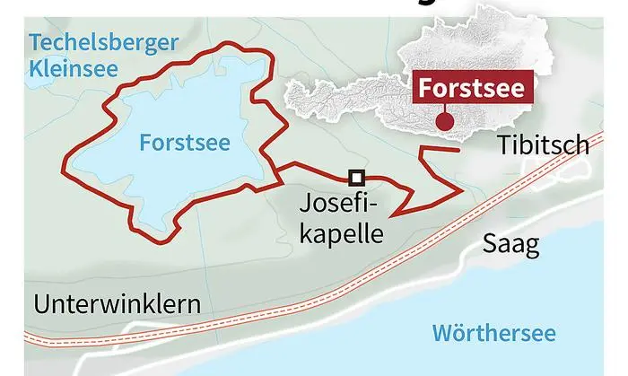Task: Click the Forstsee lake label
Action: click(x=185, y=142)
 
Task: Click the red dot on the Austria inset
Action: click(x=440, y=123)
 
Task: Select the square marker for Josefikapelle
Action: click(x=356, y=177)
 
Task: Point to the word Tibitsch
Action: click(x=544, y=145)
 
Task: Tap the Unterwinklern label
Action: click(x=117, y=304)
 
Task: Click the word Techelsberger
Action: click(x=103, y=41)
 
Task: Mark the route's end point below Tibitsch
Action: click(x=459, y=149)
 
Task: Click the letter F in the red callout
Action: click(x=423, y=90)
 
